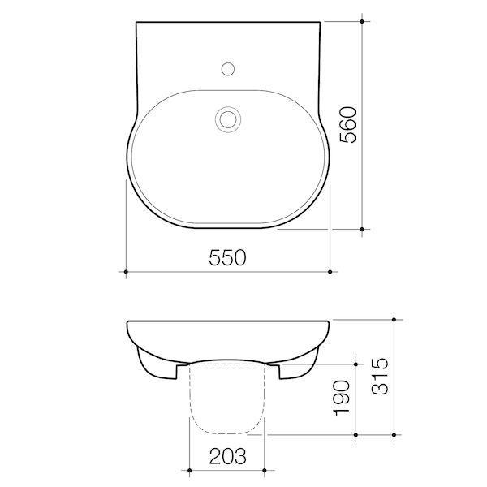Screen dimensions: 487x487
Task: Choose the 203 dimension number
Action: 227,455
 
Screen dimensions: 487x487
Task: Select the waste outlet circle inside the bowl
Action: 227,119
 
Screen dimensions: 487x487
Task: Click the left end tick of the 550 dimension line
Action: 125,270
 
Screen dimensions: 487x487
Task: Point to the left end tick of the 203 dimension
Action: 188,469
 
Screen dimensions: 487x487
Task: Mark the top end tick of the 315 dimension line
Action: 394,320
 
